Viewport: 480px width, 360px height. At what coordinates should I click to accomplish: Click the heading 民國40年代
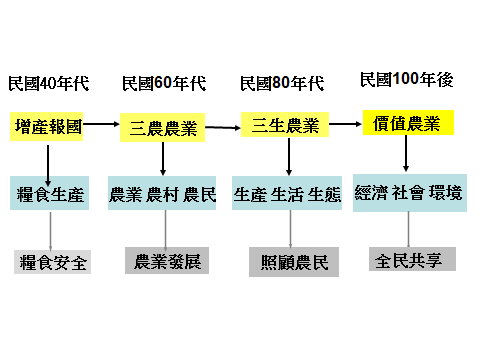[48, 82]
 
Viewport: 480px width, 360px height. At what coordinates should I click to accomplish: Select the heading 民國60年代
[164, 82]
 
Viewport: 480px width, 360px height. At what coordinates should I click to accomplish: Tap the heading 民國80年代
[282, 82]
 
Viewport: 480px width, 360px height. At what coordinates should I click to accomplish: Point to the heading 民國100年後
[406, 79]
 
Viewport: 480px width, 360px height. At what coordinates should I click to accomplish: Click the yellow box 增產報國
[48, 127]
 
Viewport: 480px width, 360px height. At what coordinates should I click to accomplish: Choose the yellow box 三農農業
[164, 128]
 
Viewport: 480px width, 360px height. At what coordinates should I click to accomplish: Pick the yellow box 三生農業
[285, 125]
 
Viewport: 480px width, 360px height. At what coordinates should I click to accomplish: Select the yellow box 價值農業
[408, 123]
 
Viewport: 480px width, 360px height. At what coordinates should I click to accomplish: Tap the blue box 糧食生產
[51, 193]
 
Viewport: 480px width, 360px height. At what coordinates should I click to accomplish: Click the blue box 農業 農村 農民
[162, 193]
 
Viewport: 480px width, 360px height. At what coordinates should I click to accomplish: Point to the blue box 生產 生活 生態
[287, 193]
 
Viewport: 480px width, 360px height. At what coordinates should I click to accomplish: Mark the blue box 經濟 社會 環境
[408, 192]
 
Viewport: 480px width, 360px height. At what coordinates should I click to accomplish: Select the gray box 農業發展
[166, 260]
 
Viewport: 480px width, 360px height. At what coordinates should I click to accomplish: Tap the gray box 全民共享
[410, 257]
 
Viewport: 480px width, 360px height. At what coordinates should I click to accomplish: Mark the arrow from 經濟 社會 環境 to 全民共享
[408, 226]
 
